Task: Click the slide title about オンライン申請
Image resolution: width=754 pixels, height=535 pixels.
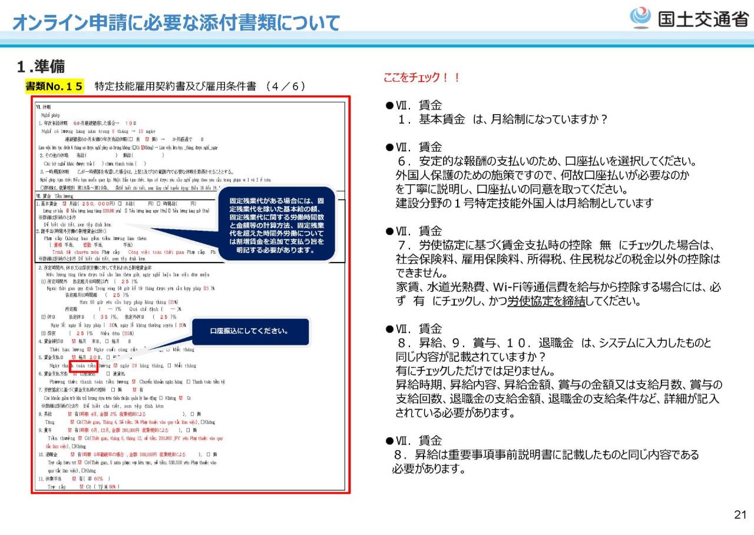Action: click(x=176, y=23)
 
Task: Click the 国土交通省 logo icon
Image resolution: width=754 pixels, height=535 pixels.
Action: click(x=640, y=18)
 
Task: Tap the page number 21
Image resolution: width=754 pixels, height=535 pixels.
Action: click(x=740, y=515)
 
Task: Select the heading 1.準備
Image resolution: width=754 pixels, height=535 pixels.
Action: click(x=41, y=67)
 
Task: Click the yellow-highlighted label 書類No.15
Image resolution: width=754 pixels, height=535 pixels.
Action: click(x=55, y=87)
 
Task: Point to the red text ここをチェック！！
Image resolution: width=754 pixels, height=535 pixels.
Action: click(x=421, y=78)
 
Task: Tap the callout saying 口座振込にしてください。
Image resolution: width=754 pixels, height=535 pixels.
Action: click(x=250, y=331)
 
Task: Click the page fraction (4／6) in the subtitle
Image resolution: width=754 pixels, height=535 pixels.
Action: click(x=285, y=87)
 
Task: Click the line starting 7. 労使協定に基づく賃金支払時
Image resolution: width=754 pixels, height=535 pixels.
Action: click(x=556, y=245)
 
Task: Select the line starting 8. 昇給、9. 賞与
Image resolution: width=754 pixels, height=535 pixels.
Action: click(x=556, y=343)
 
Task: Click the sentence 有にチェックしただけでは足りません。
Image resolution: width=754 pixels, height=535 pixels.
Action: click(x=475, y=371)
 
